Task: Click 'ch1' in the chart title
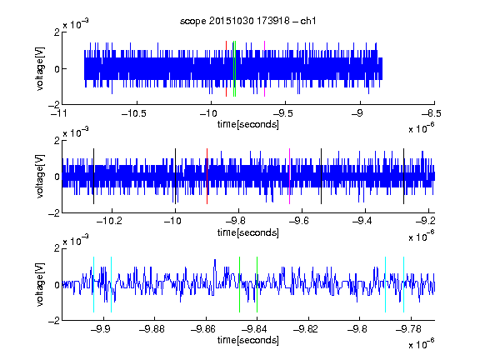308,21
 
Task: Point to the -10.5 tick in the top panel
134,114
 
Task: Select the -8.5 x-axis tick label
432,114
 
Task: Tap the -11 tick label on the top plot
59,114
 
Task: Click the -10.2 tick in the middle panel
109,221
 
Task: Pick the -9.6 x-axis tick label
299,221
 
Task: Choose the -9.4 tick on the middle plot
362,221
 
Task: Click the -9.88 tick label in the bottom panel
152,329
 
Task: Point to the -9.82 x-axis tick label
306,329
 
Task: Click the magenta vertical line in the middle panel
290,177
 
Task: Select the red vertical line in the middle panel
207,177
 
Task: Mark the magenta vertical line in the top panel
264,68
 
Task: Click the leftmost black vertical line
93,177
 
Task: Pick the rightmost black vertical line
403,177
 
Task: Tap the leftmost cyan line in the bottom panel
93,285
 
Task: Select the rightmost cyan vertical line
403,285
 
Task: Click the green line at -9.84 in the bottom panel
257,285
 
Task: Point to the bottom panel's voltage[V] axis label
40,285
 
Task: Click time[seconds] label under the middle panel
248,232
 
